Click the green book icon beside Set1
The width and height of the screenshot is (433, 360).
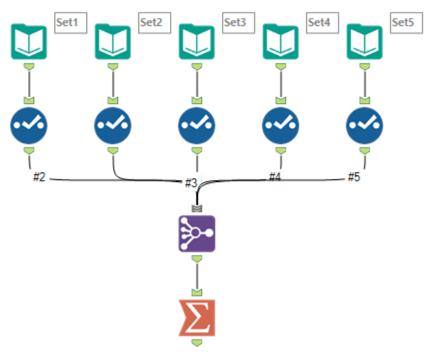point(29,41)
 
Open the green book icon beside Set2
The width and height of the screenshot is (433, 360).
point(113,41)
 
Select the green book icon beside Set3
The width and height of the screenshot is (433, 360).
point(197,41)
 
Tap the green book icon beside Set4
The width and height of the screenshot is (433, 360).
point(280,41)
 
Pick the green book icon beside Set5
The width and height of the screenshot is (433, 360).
point(364,41)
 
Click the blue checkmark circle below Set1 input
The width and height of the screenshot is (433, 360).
point(29,125)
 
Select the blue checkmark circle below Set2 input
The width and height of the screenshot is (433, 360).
point(113,125)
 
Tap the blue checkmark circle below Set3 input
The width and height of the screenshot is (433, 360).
point(197,125)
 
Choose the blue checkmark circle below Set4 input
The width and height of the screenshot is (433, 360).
point(280,125)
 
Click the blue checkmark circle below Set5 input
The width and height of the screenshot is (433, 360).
point(364,125)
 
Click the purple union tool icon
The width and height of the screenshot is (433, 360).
point(197,233)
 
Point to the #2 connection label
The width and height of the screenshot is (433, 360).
point(39,177)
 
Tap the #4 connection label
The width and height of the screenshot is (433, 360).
point(275,177)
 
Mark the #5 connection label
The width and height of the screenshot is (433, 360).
point(354,177)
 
